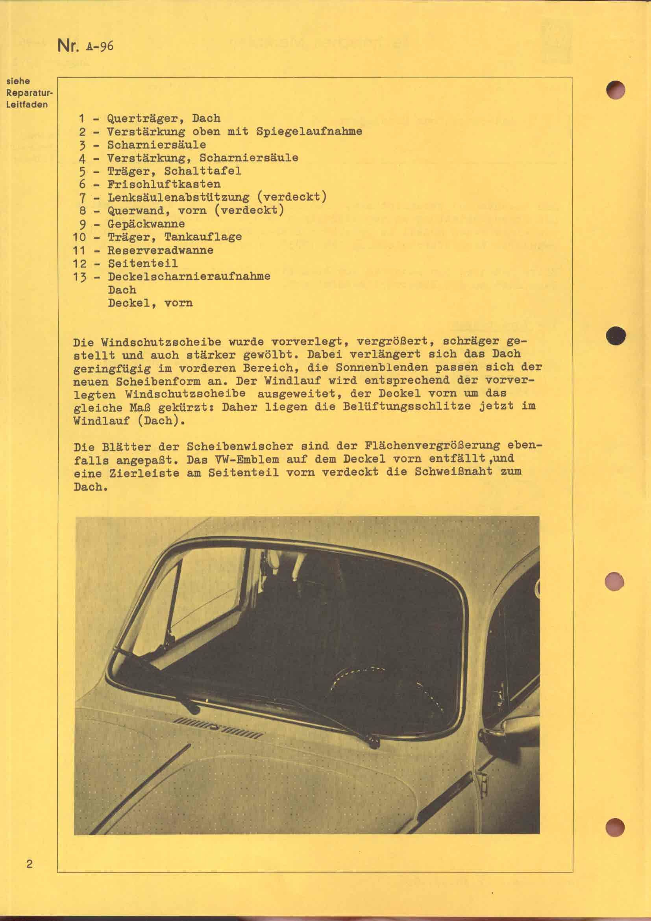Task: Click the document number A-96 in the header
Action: tap(99, 46)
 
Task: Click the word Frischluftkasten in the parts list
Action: tap(164, 184)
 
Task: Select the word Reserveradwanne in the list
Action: tap(160, 250)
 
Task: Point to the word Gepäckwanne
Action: tap(146, 223)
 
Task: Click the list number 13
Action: tap(80, 277)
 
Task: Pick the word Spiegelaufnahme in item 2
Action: tap(309, 131)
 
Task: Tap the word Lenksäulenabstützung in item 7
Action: tap(178, 197)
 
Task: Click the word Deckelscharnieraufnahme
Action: tap(189, 276)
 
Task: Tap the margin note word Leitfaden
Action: tap(26, 105)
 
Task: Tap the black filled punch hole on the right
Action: tap(616, 336)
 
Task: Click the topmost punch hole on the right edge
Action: tap(615, 89)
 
